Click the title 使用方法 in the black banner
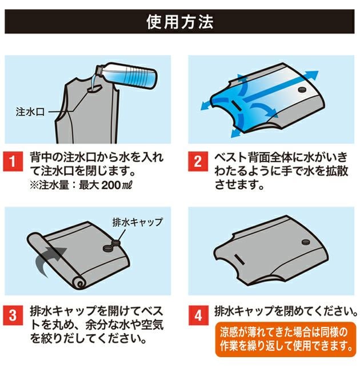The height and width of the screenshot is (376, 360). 179,22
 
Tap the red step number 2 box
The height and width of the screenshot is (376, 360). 198,162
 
